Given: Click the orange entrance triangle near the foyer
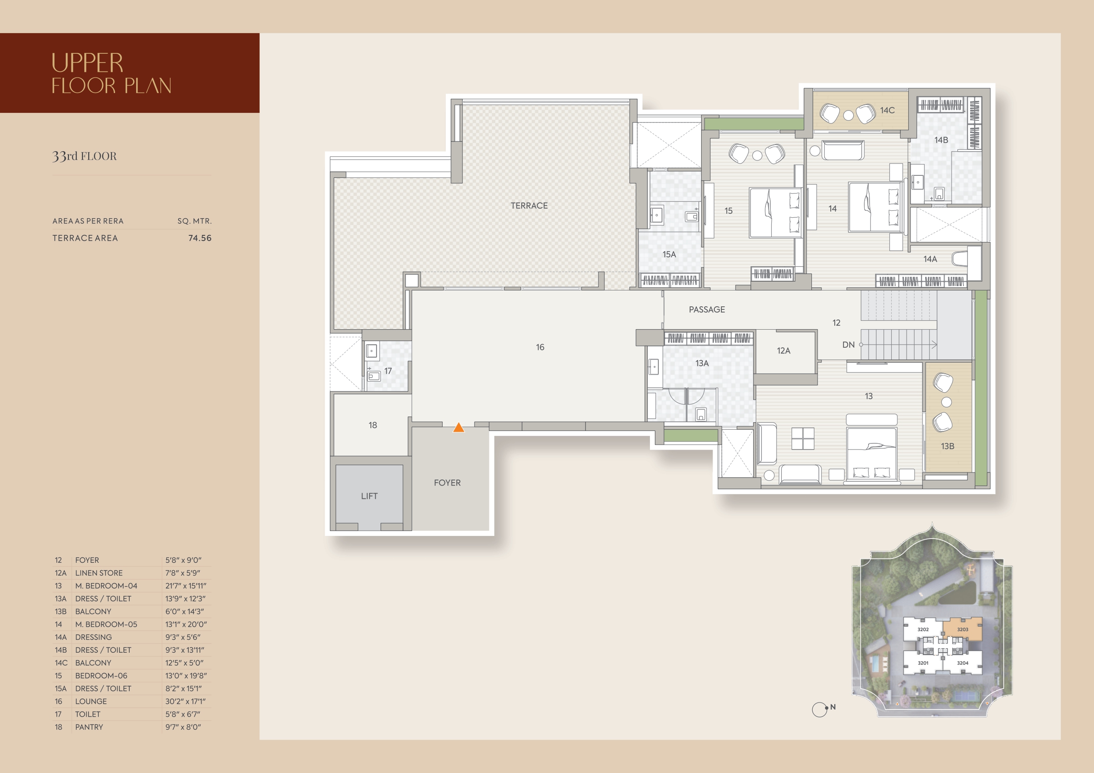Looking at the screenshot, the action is (459, 427).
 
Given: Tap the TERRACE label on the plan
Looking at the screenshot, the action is (529, 206).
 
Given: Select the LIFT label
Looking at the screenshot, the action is (369, 496).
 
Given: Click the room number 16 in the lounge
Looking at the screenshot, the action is (540, 347).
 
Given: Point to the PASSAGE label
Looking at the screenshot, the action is (706, 309).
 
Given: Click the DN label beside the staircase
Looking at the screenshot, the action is (848, 345).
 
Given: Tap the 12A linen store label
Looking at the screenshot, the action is (783, 350).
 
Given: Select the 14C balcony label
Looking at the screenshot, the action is (887, 111).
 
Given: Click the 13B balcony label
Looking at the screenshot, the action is (947, 446).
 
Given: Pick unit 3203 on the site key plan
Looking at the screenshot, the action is (963, 630).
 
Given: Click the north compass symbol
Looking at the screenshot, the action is (820, 710).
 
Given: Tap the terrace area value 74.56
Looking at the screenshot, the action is (200, 238).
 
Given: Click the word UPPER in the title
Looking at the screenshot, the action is (87, 63).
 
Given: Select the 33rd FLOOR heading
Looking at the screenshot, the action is (84, 156).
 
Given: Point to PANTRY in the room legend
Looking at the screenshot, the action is (89, 727).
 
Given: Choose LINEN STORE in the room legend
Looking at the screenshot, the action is (99, 573).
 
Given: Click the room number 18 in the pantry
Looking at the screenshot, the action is (373, 425).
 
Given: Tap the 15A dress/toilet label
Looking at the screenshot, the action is (669, 254).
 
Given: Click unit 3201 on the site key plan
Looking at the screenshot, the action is (923, 663).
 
